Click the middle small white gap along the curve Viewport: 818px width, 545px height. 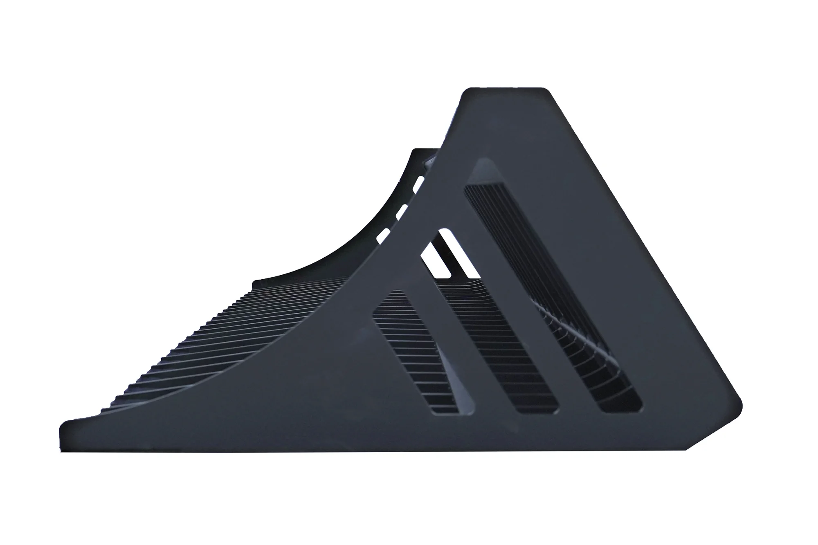[401, 211]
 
